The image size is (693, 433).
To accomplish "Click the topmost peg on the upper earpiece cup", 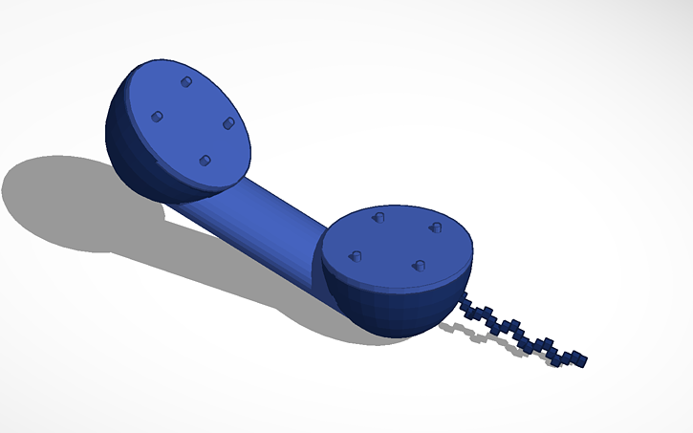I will coord(184,82).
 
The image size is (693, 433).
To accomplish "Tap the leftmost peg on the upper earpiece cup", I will coord(157,117).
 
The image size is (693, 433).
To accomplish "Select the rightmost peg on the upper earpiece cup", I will coord(228,123).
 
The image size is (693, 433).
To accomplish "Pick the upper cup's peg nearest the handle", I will coord(204,160).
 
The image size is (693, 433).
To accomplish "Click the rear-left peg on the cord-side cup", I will coord(378,218).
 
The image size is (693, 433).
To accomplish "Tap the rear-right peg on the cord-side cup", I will coord(435,227).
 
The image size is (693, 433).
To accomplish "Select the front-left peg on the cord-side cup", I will coord(356,255).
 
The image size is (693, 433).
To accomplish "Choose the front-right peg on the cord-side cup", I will coord(417,265).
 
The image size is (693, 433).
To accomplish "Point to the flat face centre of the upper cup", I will coord(191,121).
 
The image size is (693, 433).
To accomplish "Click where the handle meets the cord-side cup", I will coord(320,258).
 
